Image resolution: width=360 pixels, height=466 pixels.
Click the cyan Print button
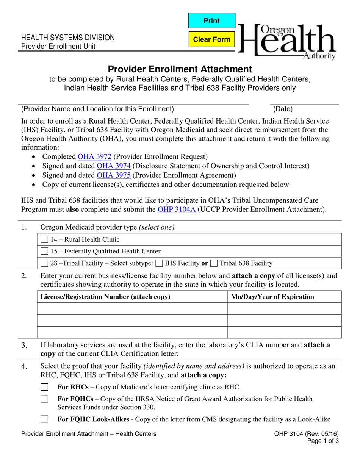(211, 21)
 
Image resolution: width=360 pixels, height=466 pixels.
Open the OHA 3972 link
(94, 156)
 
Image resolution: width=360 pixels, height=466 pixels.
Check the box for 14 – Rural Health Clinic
(44, 239)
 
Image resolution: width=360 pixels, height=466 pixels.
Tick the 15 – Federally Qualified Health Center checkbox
(44, 251)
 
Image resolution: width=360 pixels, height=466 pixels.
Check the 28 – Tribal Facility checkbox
(44, 263)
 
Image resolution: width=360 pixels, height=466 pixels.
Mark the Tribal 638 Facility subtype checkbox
(214, 263)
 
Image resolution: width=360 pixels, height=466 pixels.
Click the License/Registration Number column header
(105, 297)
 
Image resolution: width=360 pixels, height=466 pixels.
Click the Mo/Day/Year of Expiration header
(272, 297)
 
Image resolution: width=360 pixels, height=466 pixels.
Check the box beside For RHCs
(45, 387)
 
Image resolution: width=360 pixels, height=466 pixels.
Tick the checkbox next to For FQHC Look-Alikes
(45, 419)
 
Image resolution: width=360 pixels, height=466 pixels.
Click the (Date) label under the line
(283, 109)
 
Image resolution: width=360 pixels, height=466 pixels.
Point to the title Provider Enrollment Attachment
(180, 69)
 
